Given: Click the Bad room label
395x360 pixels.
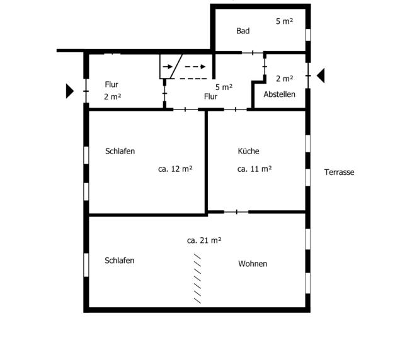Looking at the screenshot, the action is [x=243, y=31].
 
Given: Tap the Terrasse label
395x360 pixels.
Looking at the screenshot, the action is [x=339, y=172].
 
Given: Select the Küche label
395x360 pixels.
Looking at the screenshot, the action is [x=248, y=151].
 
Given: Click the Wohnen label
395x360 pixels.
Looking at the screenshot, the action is [x=253, y=264].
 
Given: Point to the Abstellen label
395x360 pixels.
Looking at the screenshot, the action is [x=279, y=94].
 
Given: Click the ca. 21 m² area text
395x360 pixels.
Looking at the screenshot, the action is [x=204, y=240].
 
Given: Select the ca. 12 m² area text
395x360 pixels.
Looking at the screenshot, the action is [x=175, y=169].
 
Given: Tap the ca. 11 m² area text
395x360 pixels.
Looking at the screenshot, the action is [x=255, y=169].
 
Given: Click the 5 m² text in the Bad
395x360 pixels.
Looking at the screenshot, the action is [x=284, y=21].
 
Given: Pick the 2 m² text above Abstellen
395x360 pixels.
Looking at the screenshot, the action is [x=284, y=79].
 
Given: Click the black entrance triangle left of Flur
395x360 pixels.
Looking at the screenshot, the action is [x=70, y=91].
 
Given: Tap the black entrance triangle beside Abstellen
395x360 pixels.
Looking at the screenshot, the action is [x=321, y=76].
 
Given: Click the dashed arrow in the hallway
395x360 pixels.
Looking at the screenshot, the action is [x=195, y=67].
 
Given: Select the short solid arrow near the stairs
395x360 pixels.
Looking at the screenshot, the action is [x=168, y=67].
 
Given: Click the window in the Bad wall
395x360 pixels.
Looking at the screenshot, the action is [x=308, y=35].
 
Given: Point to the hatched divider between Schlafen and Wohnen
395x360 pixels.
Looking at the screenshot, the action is [x=197, y=279].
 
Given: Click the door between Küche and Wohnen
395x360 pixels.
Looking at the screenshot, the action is [x=236, y=212].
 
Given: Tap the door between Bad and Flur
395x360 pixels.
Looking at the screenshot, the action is [x=253, y=53].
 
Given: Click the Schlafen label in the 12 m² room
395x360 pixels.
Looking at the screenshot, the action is [x=120, y=151].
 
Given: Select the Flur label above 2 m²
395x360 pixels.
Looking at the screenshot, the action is [x=112, y=84].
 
